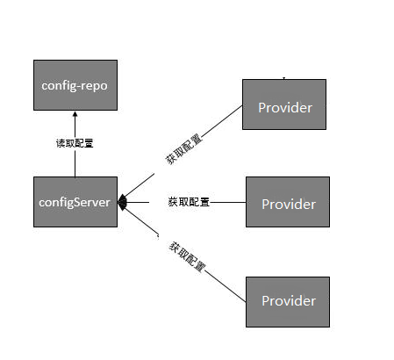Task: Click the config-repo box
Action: (75, 85)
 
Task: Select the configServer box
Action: (75, 202)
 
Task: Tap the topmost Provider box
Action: (283, 105)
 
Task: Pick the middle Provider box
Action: (288, 203)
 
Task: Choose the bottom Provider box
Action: (288, 301)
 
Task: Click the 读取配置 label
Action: (75, 142)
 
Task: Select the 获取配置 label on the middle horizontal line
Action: (188, 202)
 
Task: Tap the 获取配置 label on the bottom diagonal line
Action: (187, 256)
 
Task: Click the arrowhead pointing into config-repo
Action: (75, 115)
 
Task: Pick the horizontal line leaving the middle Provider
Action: (228, 202)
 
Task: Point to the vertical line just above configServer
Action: (75, 165)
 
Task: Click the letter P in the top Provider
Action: (262, 107)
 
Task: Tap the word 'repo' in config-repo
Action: (92, 86)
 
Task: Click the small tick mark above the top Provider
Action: (283, 76)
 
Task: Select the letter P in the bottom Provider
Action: (266, 301)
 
